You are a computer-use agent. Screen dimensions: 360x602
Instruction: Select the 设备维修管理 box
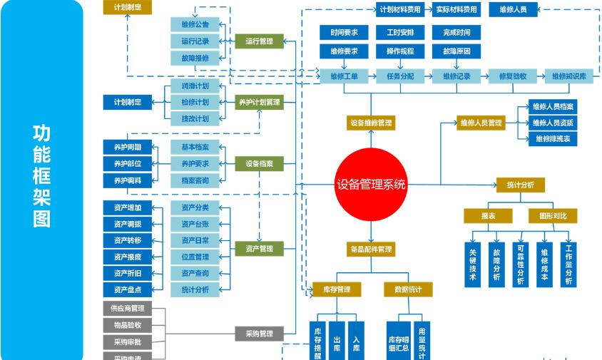370,123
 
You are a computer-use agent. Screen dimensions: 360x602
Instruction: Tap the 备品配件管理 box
370,250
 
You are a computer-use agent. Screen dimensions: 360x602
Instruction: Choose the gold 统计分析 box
520,185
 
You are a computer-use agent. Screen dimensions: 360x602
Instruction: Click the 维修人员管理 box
481,123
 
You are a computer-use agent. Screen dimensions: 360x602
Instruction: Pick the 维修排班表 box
553,138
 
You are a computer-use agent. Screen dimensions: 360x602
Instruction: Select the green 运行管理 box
259,41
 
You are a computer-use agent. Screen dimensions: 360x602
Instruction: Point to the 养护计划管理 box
259,102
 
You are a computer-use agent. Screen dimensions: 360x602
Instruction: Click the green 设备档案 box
259,163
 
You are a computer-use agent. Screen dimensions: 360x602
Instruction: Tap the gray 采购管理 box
259,333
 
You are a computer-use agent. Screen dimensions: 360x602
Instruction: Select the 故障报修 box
195,58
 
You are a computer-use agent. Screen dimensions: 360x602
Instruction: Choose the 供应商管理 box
127,309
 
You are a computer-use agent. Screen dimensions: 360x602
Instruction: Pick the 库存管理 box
337,289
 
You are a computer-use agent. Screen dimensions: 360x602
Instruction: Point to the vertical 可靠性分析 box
521,264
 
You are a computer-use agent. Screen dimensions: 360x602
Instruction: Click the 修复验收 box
511,76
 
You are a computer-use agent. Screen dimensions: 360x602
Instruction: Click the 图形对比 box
553,215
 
